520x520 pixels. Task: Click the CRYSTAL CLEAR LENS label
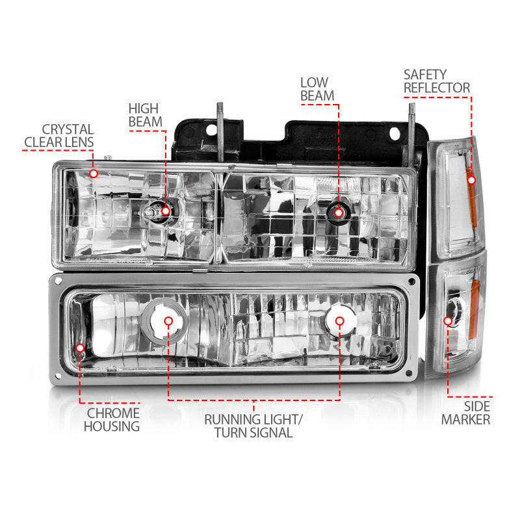[58, 136]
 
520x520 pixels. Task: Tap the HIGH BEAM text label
[144, 115]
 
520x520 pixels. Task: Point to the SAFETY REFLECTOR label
[436, 81]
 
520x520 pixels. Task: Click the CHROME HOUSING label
[111, 420]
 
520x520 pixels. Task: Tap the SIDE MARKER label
[465, 413]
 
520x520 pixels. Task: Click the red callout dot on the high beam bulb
[166, 210]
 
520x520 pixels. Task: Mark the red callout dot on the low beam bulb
[338, 210]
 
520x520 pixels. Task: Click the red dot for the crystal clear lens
[94, 174]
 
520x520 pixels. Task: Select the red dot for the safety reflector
[471, 179]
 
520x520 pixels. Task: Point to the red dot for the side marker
[448, 320]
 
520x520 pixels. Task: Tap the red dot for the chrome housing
[80, 348]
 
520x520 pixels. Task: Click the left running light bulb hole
[168, 320]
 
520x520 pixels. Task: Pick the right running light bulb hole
[339, 320]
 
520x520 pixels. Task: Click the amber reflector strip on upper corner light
[473, 195]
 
